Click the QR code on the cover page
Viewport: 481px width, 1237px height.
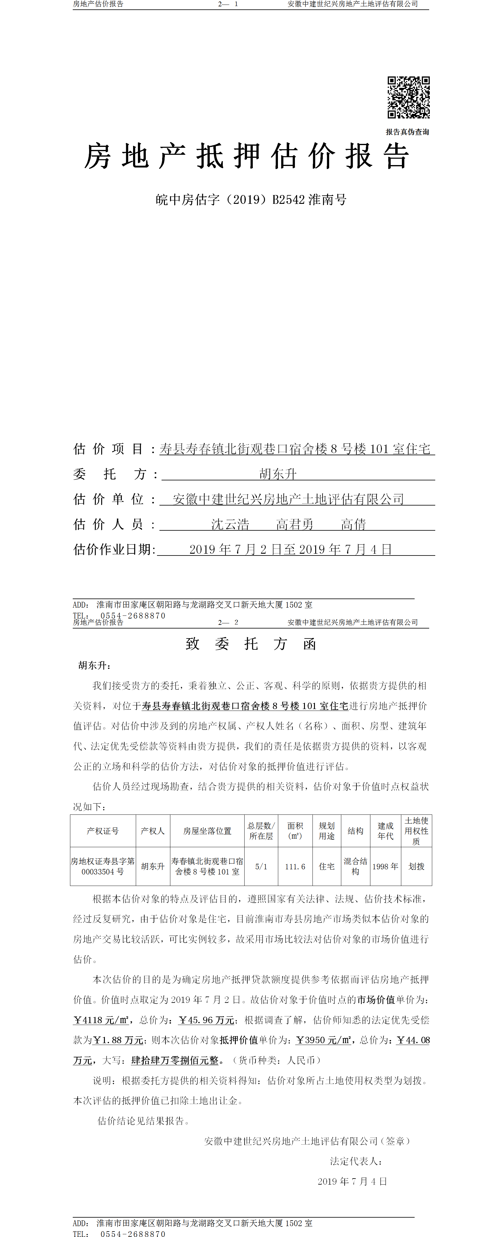[409, 98]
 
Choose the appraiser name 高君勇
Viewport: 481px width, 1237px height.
[295, 524]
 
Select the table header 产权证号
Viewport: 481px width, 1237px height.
[103, 831]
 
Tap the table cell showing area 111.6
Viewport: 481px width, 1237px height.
[295, 867]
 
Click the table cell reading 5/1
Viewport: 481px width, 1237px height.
[261, 867]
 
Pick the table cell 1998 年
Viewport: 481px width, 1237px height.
[385, 867]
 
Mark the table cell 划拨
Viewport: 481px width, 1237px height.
[416, 867]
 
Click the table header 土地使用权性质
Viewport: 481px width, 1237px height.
[416, 831]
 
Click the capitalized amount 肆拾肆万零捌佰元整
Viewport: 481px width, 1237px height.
[175, 1060]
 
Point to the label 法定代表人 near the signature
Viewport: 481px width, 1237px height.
[356, 1161]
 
